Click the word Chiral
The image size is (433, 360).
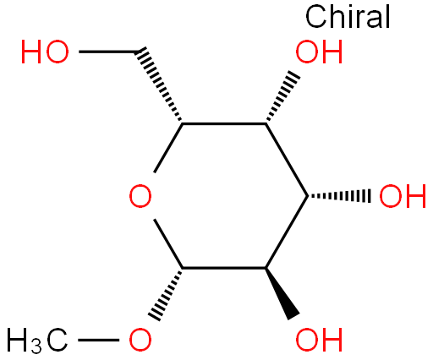click(348, 17)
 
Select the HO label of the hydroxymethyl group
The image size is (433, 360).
click(45, 52)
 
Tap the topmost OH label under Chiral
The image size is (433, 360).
click(319, 52)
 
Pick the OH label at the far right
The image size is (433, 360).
click(403, 196)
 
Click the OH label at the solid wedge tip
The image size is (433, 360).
click(319, 340)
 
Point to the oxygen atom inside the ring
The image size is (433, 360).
click(140, 196)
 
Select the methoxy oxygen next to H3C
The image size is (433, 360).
click(140, 340)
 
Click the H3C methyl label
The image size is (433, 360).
click(37, 341)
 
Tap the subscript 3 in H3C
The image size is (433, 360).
click(36, 346)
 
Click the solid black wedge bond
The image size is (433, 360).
click(282, 293)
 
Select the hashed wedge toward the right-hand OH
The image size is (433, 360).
click(339, 196)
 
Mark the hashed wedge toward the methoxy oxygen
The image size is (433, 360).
click(166, 294)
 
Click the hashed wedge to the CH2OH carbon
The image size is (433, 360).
click(159, 85)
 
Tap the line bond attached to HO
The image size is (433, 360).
click(107, 52)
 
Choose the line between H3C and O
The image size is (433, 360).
click(98, 340)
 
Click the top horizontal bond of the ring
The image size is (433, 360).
click(224, 123)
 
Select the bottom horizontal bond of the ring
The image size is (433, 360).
click(224, 268)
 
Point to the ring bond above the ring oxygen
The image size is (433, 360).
click(168, 148)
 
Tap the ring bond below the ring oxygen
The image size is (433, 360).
click(168, 243)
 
